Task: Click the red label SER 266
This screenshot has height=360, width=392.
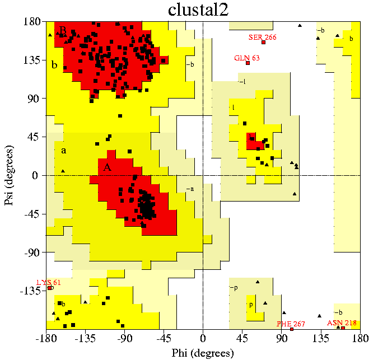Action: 263,37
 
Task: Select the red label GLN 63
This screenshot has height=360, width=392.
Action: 247,58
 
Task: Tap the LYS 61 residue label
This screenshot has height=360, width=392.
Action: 48,282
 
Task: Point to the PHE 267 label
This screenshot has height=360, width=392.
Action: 291,324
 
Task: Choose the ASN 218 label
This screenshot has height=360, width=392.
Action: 342,322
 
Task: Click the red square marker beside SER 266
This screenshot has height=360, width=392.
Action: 263,43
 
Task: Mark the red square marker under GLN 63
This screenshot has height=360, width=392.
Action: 248,63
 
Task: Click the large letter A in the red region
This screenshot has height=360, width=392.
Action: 108,167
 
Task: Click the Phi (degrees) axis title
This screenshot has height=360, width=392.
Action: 202,353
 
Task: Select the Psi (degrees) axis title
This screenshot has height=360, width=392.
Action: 10,175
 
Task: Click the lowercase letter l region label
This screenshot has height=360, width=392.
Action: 233,107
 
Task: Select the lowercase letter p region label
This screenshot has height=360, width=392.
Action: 250,305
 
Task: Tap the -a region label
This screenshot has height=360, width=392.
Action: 190,189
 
